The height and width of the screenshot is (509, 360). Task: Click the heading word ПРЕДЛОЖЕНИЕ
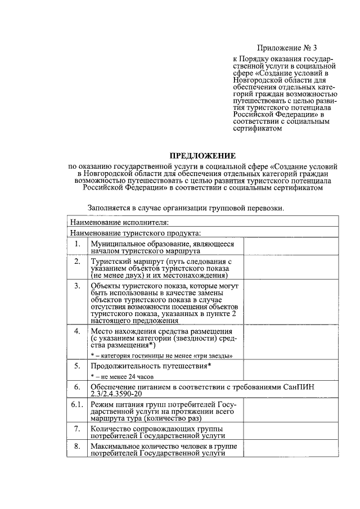203,156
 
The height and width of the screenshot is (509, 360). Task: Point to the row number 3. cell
77,286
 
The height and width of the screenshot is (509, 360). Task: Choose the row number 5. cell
77,366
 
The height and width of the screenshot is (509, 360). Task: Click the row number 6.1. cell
77,405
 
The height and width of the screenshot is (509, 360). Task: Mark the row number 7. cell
77,429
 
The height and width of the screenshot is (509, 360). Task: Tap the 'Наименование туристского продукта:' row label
136,233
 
